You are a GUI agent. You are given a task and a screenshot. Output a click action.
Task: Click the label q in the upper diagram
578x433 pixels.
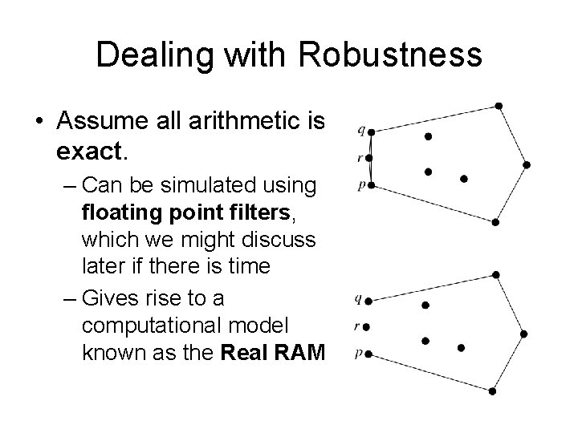point(360,128)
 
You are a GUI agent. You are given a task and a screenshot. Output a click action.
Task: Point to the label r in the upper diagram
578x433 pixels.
point(360,157)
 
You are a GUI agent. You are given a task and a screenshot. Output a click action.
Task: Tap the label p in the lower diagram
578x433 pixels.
point(357,353)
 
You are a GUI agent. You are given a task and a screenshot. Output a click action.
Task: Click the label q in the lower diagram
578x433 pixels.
point(357,300)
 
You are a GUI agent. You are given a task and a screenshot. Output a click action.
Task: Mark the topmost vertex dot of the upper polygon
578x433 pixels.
point(499,105)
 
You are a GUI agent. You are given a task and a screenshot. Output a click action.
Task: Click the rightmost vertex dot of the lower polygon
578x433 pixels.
point(523,333)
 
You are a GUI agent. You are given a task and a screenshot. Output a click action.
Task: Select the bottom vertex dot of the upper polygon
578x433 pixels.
point(497,222)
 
